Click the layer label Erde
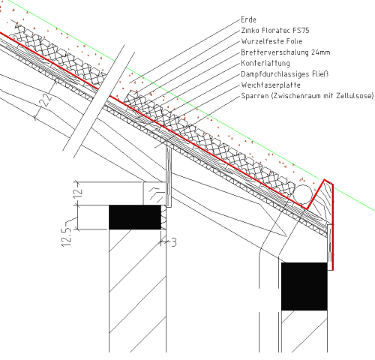pos(248,19)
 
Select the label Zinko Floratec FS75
pos(275,31)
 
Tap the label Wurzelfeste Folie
pos(271,41)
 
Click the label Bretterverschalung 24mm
pos(286,52)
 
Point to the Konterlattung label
pos(265,63)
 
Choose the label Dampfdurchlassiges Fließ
pos(284,74)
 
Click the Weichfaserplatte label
pos(271,85)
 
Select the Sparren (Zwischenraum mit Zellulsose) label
pos(307,96)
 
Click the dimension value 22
pos(46,100)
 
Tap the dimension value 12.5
pos(67,237)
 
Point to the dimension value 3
pos(174,242)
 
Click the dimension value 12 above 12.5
pos(78,193)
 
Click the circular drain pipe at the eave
pos(303,194)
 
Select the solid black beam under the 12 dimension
pos(135,217)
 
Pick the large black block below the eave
pos(304,286)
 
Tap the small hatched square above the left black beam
pos(154,193)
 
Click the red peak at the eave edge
pos(325,180)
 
